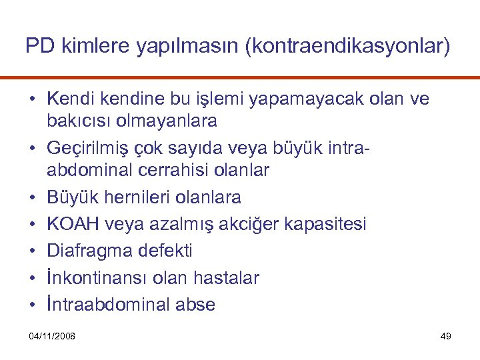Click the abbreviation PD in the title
click(37, 46)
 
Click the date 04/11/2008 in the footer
click(53, 335)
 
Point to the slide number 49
click(446, 335)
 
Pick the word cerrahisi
click(173, 170)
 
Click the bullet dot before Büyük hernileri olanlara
click(32, 197)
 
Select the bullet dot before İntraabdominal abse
click(32, 305)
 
